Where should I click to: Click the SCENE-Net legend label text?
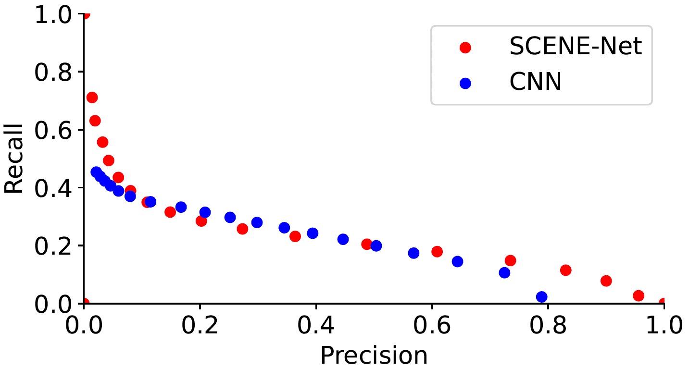(x=576, y=47)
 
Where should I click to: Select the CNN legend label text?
(x=535, y=83)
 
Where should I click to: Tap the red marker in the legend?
(x=465, y=47)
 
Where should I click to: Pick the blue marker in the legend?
(x=465, y=83)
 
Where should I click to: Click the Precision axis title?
(x=374, y=356)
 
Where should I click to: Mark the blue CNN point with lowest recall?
(x=542, y=297)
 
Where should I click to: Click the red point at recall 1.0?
(x=85, y=14)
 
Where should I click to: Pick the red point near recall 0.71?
(x=92, y=98)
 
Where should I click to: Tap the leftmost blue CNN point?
(x=96, y=172)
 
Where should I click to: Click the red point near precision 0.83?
(x=566, y=270)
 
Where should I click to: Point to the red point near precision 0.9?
(x=606, y=281)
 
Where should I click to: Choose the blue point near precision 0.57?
(x=413, y=253)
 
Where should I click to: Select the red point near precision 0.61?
(x=437, y=251)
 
